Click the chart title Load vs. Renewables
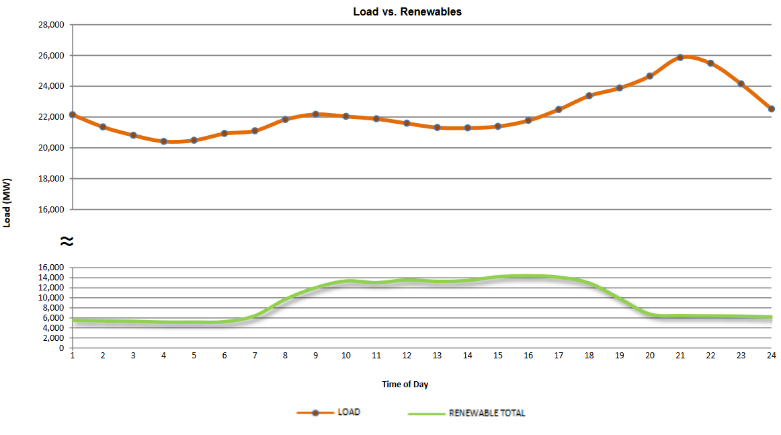407,11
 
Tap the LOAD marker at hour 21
680,57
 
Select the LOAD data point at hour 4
163,141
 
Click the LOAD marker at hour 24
772,108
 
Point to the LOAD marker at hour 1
73,115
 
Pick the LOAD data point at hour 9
315,114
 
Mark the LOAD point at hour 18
589,95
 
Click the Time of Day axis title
405,385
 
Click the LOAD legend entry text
348,412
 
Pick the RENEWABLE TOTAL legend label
487,413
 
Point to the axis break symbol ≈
66,240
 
